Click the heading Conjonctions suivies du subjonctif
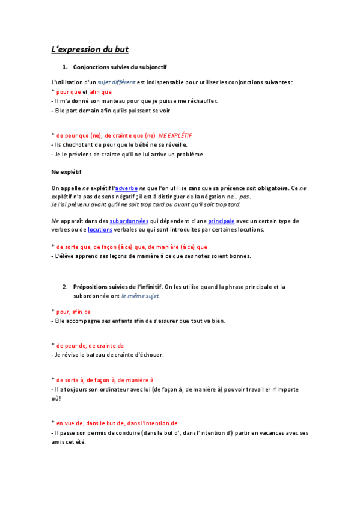[x=124, y=66]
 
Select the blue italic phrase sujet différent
[x=117, y=82]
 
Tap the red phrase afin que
[x=101, y=91]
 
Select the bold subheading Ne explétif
[x=67, y=171]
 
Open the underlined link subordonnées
[x=129, y=221]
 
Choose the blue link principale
[x=221, y=221]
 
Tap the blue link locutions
[x=100, y=229]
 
